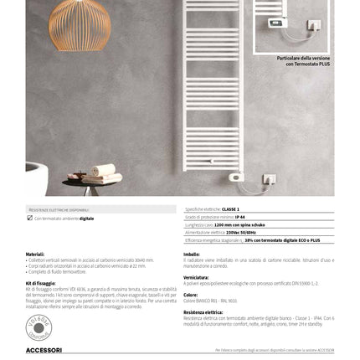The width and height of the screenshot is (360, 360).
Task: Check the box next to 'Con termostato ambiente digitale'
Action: click(x=29, y=218)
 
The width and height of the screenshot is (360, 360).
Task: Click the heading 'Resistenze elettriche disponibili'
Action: click(x=59, y=209)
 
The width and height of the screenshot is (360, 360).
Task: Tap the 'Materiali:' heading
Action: click(x=35, y=254)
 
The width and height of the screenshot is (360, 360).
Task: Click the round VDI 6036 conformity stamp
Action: click(x=39, y=325)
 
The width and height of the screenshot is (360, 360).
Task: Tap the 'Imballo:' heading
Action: click(x=192, y=254)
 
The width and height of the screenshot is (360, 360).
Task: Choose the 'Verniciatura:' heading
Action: click(x=197, y=276)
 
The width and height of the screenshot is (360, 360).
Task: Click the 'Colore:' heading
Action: click(x=191, y=294)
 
